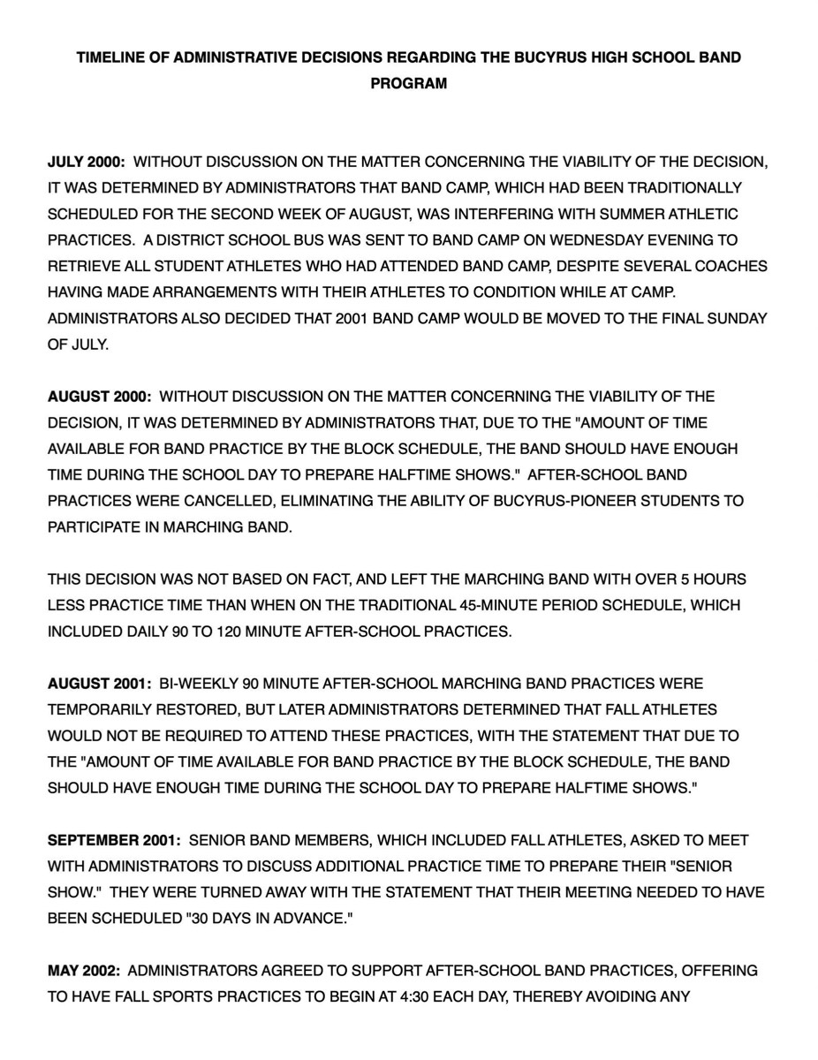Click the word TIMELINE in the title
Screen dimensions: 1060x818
pyautogui.click(x=111, y=58)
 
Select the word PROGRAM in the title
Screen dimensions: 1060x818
pyautogui.click(x=409, y=84)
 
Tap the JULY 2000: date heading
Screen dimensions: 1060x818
pyautogui.click(x=86, y=163)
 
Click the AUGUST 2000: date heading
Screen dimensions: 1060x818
pyautogui.click(x=99, y=397)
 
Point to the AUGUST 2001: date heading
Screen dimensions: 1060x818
pyautogui.click(x=99, y=684)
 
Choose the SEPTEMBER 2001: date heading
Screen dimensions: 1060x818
pyautogui.click(x=114, y=840)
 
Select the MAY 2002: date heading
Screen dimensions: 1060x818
pyautogui.click(x=83, y=971)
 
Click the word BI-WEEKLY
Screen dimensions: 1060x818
pyautogui.click(x=193, y=684)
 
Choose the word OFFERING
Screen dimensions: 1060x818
pyautogui.click(x=718, y=971)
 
